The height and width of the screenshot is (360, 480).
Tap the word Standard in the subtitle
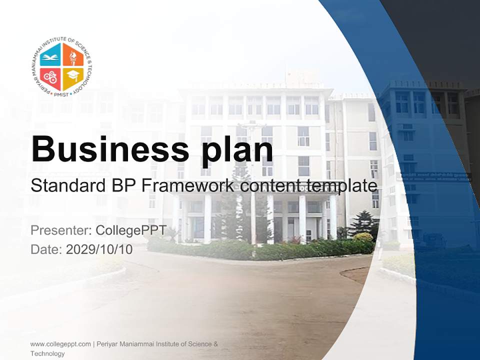63,186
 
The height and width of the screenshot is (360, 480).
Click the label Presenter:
60,231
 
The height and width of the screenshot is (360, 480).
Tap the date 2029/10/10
99,249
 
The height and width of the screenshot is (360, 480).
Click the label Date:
46,249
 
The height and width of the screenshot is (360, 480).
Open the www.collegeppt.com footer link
60,344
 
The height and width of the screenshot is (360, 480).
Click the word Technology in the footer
47,353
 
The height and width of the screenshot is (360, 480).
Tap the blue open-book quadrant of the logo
50,56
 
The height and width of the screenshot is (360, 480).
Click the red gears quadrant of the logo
50,78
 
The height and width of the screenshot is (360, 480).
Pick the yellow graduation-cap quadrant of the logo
73,78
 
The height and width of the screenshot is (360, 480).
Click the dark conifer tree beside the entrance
363,223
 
